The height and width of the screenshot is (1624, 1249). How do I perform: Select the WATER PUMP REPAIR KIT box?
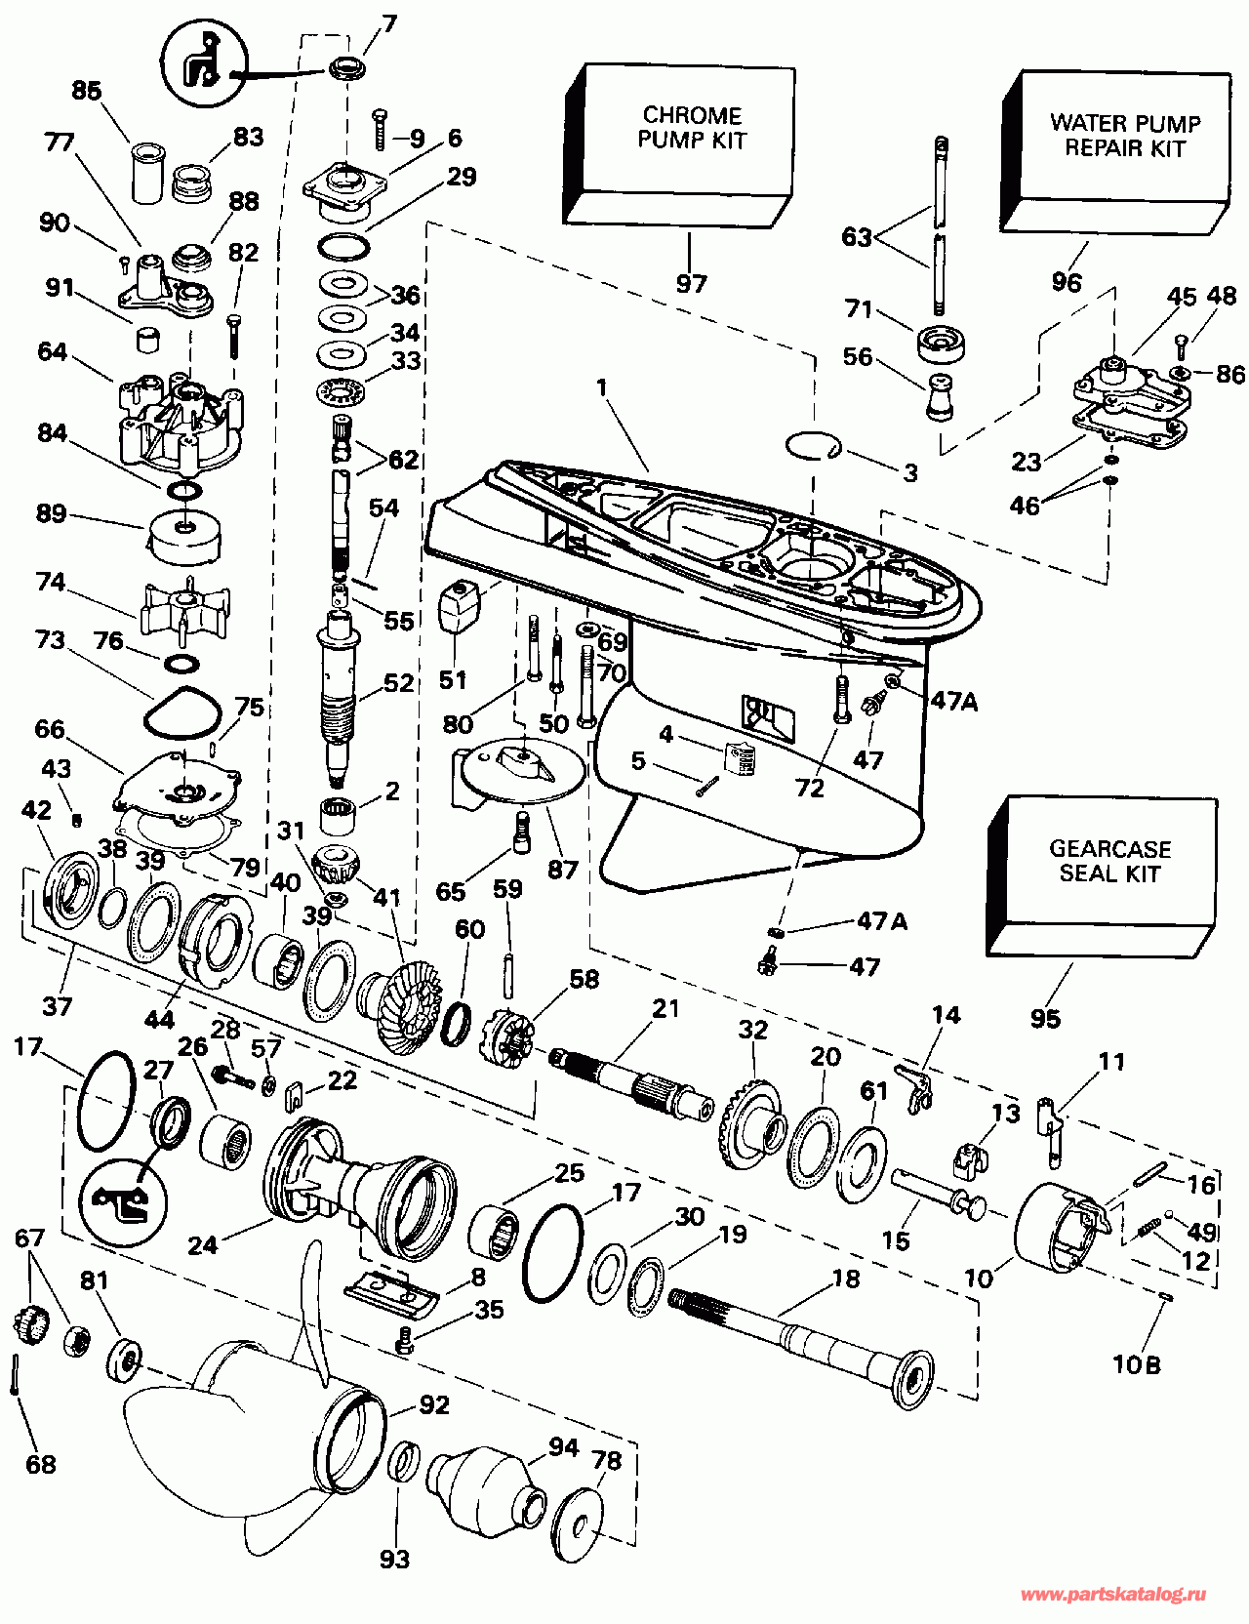[x=1122, y=146]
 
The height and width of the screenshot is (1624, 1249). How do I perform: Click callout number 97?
[x=691, y=284]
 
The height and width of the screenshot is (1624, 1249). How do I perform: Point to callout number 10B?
[x=1137, y=1364]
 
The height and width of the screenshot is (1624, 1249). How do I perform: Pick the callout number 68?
[x=41, y=1464]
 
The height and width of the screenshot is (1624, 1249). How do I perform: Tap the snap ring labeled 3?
[x=812, y=446]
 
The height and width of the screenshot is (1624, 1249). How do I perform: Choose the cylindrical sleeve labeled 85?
[x=146, y=174]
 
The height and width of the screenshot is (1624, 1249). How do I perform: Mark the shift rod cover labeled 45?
[x=1132, y=390]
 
